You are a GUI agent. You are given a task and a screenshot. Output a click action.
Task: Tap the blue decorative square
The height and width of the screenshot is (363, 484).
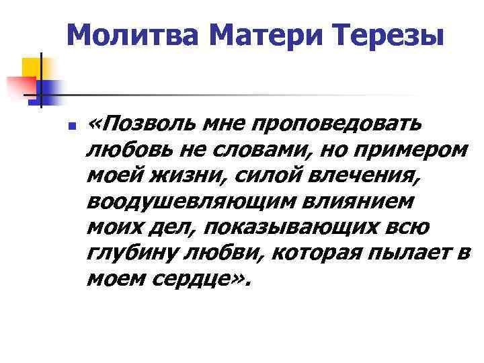(48, 89)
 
